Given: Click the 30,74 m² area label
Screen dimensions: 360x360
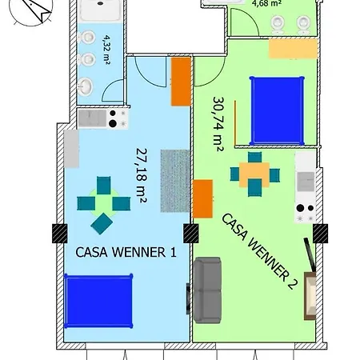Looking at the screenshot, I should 218,124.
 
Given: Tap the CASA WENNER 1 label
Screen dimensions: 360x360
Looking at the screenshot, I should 126,251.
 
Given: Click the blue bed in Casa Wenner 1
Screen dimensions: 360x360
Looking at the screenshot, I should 98,297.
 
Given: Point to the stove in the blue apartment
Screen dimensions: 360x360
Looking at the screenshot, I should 117,118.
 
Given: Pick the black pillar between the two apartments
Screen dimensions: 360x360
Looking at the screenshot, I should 191,234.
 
